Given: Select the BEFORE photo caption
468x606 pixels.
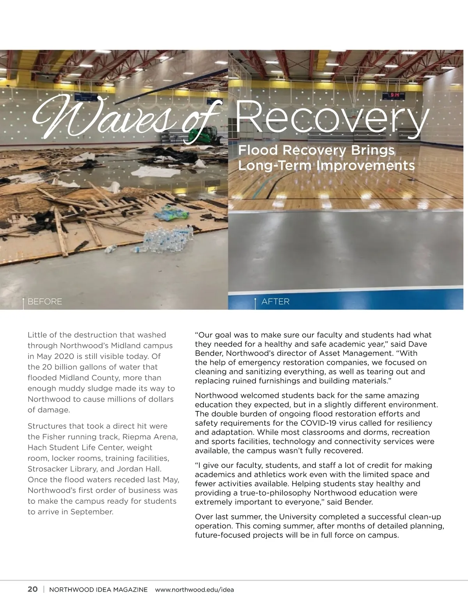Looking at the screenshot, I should pyautogui.click(x=45, y=302).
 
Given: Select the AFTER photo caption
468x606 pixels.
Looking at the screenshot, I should pyautogui.click(x=275, y=302).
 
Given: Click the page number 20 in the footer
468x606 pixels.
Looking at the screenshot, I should pyautogui.click(x=33, y=589).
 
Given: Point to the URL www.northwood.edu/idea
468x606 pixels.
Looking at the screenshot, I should pyautogui.click(x=194, y=589).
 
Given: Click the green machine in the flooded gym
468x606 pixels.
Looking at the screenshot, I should pyautogui.click(x=203, y=135).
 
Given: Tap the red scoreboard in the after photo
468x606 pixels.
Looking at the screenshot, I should pyautogui.click(x=395, y=95).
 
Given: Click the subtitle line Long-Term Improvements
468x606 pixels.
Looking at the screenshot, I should pyautogui.click(x=326, y=165).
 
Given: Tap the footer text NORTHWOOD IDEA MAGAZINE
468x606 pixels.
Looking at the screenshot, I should pyautogui.click(x=98, y=589).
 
